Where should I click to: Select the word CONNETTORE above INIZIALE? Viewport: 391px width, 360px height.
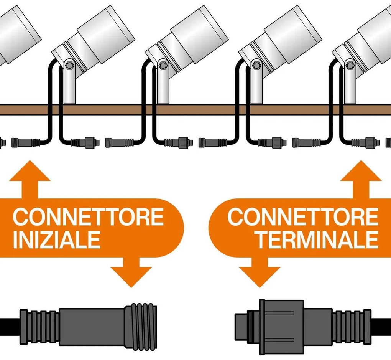point(88,218)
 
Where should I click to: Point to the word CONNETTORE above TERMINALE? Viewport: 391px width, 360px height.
point(303,218)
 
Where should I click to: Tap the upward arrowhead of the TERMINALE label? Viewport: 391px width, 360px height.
point(361,172)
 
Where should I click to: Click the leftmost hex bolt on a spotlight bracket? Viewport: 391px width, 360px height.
point(69,66)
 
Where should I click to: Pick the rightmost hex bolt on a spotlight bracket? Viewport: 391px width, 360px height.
point(349,66)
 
